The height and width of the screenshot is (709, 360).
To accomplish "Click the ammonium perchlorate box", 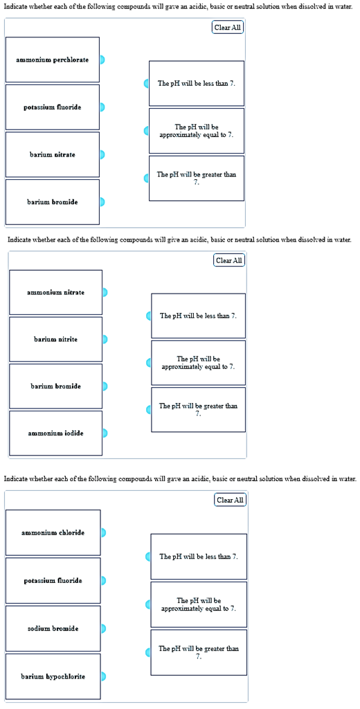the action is (53, 60).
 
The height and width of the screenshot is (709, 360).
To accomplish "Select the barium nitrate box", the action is (53, 154).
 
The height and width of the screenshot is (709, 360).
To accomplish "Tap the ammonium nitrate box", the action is (55, 292).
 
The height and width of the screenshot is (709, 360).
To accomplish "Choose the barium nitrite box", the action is (55, 339).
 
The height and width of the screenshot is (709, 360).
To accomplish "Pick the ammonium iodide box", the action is (55, 433).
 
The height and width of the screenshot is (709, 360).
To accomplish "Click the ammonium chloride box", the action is (53, 532).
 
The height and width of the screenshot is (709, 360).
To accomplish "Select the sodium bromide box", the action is (53, 629).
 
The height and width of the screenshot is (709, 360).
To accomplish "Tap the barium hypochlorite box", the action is (53, 676).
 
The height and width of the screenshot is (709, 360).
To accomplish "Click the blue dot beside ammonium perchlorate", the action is (102, 60).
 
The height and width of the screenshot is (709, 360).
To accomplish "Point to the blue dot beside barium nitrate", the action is (102, 154).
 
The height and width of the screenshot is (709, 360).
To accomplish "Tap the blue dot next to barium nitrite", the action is (105, 339).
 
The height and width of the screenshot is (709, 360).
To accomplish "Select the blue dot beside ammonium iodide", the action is (105, 433).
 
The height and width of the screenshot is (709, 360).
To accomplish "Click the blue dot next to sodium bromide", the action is (103, 629).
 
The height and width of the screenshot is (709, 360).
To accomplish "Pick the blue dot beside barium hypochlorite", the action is (103, 676).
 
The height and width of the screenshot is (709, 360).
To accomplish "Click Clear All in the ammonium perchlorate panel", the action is (228, 28).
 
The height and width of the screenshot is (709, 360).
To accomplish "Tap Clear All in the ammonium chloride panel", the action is (231, 500).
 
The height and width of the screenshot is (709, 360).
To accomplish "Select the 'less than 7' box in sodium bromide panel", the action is (199, 557).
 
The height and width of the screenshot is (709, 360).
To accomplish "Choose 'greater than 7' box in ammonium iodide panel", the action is (198, 409).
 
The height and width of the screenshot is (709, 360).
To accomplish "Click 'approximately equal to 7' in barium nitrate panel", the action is (197, 131).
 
